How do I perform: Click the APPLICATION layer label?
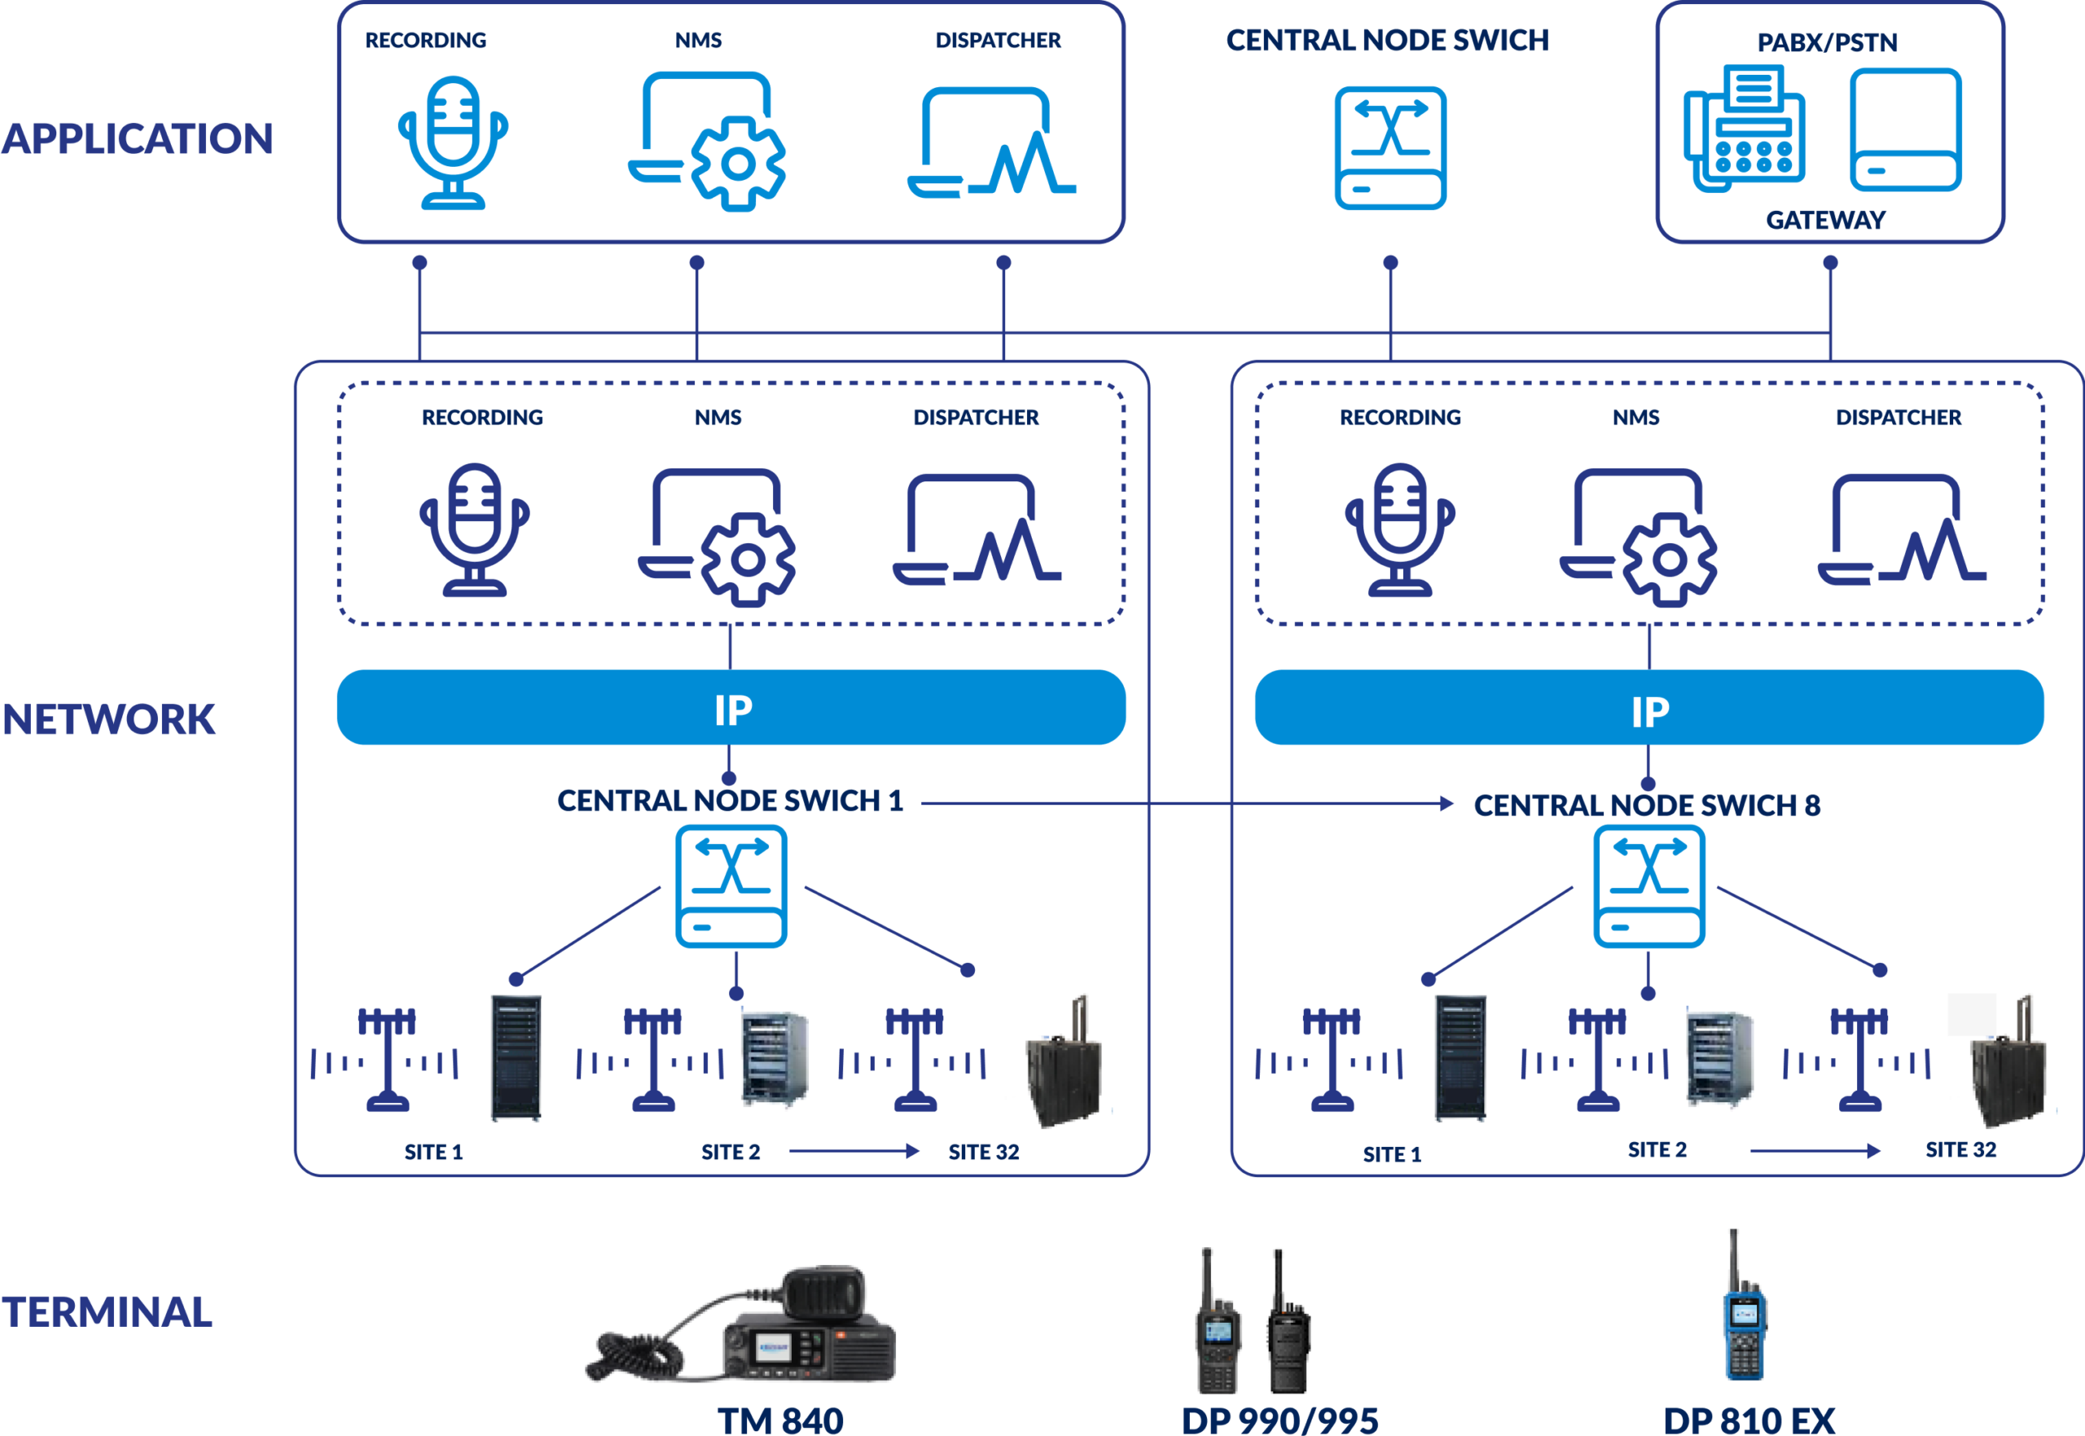pos(137,138)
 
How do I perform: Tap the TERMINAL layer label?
pos(107,1312)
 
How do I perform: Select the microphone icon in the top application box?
pos(454,143)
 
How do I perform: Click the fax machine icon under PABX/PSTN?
pos(1744,129)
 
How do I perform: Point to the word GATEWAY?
pos(1826,221)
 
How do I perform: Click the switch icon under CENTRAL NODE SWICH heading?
pos(1390,147)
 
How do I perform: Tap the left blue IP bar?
pos(731,707)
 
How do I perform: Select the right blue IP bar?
pos(1649,707)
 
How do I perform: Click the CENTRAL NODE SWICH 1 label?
pos(731,801)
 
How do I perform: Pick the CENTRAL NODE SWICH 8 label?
pos(1647,806)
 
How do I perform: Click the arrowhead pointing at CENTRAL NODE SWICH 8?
pos(1447,803)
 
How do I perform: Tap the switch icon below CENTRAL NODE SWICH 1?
pos(731,887)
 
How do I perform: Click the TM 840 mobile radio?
pos(741,1323)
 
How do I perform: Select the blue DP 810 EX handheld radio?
pos(1744,1305)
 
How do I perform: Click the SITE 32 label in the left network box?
pos(984,1153)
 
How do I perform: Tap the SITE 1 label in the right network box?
pos(1393,1155)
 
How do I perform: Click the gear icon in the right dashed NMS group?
pos(1670,560)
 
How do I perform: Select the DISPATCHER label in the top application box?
pos(999,41)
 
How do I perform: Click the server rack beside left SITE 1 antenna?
pos(516,1058)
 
